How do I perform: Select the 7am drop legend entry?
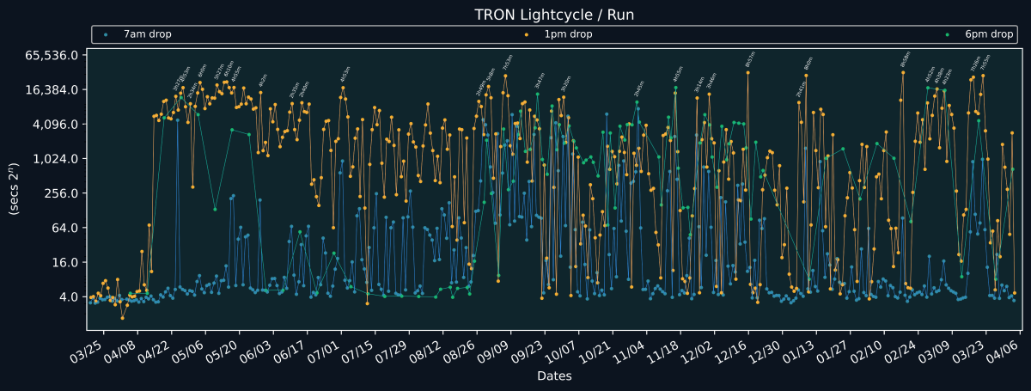(x=147, y=34)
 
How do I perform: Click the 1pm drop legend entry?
(x=568, y=34)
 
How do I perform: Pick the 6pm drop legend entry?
(x=989, y=34)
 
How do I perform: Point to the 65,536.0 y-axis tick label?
(x=53, y=55)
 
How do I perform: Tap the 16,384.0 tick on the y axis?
(x=53, y=89)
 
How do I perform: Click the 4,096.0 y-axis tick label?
(x=57, y=124)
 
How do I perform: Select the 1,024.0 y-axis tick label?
(x=57, y=159)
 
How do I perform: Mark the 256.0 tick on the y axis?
(x=63, y=193)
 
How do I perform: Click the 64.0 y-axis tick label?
(x=66, y=228)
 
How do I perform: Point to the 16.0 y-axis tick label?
(x=66, y=262)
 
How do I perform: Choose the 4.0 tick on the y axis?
(x=69, y=297)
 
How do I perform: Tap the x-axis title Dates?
(x=554, y=376)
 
